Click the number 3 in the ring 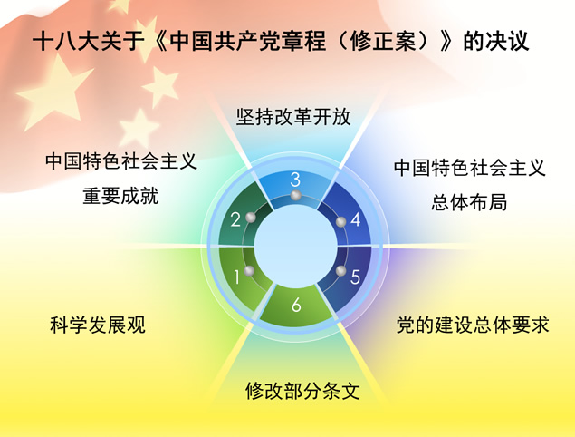tap(295, 180)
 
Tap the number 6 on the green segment tap(296, 305)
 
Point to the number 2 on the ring tap(235, 218)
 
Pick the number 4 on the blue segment tap(356, 219)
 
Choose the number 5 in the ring tap(355, 277)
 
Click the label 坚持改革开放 tap(293, 118)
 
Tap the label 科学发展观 tap(98, 325)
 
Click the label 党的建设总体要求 tap(473, 325)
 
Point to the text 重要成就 tap(120, 196)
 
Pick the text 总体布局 tap(469, 201)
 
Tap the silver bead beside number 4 tap(340, 222)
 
